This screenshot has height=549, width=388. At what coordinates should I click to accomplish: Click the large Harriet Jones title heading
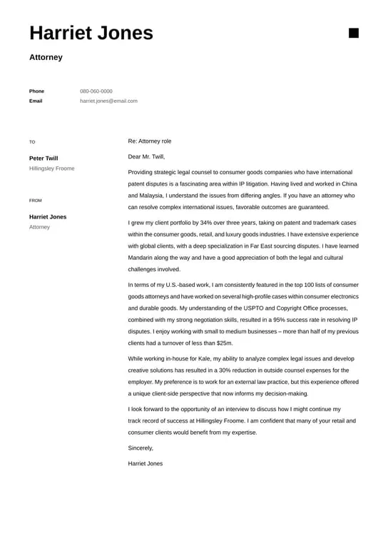point(91,33)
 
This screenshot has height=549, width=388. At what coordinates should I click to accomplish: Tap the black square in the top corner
point(353,33)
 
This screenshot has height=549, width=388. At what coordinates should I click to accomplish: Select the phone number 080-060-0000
point(96,91)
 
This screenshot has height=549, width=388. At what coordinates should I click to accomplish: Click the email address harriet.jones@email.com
point(108,101)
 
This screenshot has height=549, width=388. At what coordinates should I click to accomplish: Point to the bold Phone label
point(36,91)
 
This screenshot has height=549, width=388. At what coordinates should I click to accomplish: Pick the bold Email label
point(36,101)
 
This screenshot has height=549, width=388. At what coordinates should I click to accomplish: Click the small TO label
point(32,142)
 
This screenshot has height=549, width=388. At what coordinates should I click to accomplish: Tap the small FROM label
point(36,201)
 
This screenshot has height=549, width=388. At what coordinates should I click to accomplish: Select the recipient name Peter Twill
point(44,158)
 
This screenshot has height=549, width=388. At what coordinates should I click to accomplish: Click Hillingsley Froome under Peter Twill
point(51,168)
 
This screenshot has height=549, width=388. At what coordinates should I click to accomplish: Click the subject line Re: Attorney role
point(150,141)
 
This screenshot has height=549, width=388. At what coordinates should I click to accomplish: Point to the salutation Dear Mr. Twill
point(146,156)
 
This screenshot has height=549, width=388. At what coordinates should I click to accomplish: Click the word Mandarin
point(141,258)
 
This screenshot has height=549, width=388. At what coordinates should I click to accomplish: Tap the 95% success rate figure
point(279,320)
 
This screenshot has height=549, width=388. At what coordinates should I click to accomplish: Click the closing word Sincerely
point(141,448)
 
